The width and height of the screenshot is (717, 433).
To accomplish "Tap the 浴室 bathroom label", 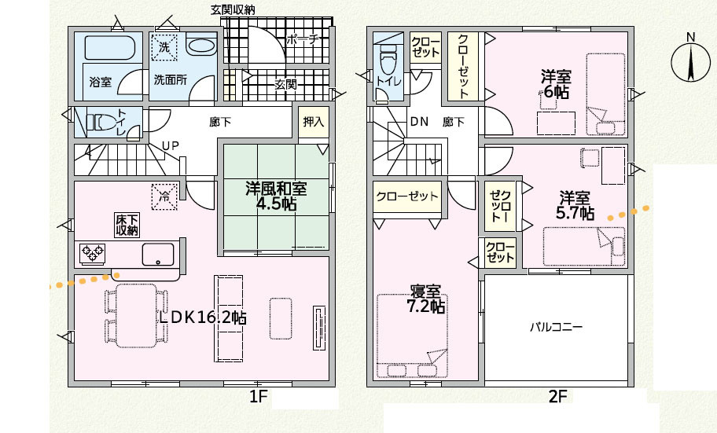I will (100, 80).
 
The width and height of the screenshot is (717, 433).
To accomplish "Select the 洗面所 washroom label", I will (169, 80).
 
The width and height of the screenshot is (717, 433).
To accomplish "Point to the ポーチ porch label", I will (302, 39).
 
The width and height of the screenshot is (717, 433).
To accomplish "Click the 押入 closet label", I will (313, 122).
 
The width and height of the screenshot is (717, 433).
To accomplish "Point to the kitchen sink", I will (158, 255).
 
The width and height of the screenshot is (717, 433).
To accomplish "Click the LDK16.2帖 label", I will (203, 317).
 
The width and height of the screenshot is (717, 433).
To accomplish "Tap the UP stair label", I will (170, 145).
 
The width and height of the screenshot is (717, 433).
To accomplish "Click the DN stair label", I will (419, 122).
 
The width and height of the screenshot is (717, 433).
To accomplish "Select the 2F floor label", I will (557, 397).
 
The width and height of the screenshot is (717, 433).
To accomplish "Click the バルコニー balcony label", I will (555, 326).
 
